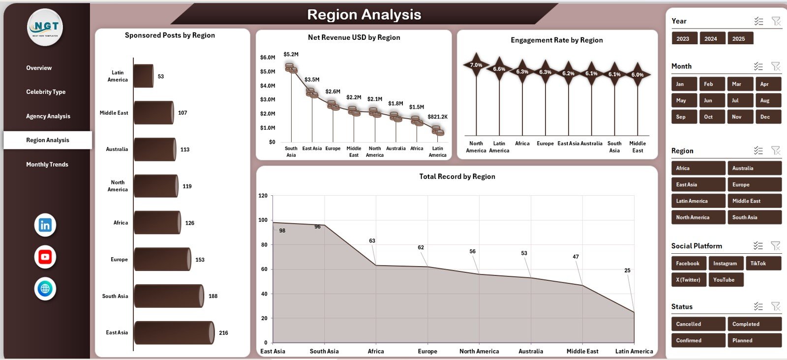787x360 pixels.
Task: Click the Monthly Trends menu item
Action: pyautogui.click(x=47, y=164)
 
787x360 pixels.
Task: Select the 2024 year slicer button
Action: pyautogui.click(x=710, y=39)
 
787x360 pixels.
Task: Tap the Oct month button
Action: pyautogui.click(x=708, y=117)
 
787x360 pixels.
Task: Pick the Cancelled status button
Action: pyautogui.click(x=697, y=324)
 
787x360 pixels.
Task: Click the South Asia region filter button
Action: pyautogui.click(x=754, y=217)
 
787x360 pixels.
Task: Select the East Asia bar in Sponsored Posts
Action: pyautogui.click(x=174, y=333)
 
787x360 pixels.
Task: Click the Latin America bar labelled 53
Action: pyautogui.click(x=143, y=76)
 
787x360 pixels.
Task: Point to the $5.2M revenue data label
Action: pyautogui.click(x=291, y=55)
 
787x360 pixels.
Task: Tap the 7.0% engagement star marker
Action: pyautogui.click(x=476, y=65)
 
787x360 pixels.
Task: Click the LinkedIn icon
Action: pyautogui.click(x=45, y=225)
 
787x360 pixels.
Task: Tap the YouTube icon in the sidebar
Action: pyautogui.click(x=45, y=257)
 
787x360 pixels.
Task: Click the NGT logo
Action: pyautogui.click(x=45, y=28)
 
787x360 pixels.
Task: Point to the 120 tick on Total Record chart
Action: pyautogui.click(x=263, y=196)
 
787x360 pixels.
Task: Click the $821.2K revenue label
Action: pyautogui.click(x=437, y=117)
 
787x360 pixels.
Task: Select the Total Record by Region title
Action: pyautogui.click(x=457, y=177)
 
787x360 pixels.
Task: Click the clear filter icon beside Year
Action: pyautogui.click(x=776, y=21)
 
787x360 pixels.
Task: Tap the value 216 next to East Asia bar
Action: pyautogui.click(x=223, y=333)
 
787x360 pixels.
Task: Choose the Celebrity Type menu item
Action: pyautogui.click(x=46, y=92)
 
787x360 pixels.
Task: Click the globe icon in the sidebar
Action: pyautogui.click(x=45, y=289)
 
